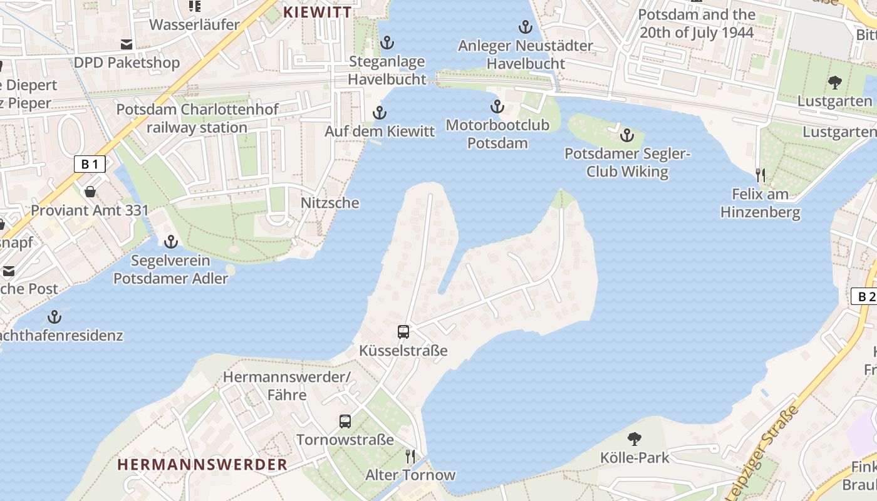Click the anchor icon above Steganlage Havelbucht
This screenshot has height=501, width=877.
387,43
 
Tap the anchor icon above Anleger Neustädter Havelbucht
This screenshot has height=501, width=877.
525,27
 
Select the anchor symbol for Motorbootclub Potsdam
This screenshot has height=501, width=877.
497,106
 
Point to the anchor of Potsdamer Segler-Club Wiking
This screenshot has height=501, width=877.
627,135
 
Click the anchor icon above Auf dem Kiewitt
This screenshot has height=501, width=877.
379,113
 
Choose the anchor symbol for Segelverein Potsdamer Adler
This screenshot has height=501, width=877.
170,241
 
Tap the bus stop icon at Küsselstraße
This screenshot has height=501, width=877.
403,332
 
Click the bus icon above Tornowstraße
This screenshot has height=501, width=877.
345,421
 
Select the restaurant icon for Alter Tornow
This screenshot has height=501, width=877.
410,456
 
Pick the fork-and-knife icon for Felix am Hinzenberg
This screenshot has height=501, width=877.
760,175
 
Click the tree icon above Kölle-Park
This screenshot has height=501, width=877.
635,438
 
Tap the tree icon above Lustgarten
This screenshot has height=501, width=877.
834,82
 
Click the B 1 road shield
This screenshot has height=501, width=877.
90,164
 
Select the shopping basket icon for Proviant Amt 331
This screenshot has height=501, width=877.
90,191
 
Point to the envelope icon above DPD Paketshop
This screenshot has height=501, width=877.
127,44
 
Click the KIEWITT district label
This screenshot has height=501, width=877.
317,12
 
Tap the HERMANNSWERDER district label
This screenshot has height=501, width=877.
202,464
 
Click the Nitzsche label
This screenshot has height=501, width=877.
330,203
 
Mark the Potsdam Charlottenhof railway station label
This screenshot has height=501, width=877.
197,118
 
